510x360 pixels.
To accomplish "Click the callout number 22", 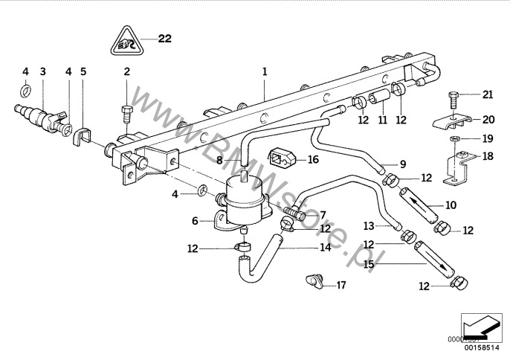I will [164, 39].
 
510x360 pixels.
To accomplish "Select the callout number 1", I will [263, 72].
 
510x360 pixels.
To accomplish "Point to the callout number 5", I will [83, 72].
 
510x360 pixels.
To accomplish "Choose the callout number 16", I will [313, 158].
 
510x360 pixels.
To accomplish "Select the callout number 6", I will [196, 221].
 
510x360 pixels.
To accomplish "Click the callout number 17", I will [341, 284].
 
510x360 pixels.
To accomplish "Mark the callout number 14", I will [325, 248].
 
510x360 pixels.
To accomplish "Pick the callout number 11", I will [382, 120].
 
